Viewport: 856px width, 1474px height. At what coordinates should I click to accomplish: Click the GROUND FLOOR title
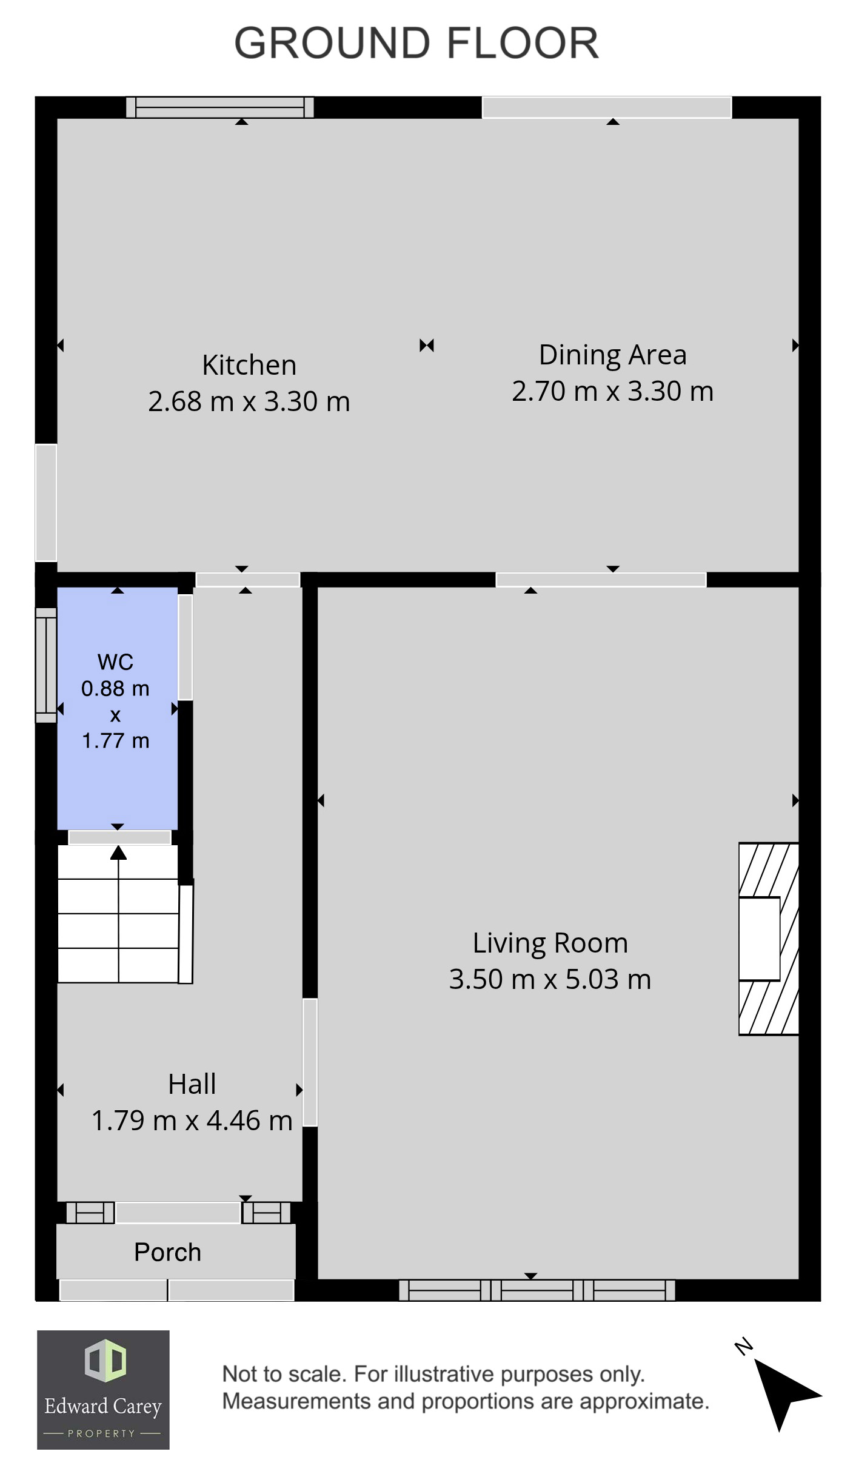coord(416,43)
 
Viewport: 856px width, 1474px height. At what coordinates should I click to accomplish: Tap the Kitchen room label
coord(249,365)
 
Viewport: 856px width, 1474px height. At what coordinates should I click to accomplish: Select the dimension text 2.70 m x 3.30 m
coord(612,391)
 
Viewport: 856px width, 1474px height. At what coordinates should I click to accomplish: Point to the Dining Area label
coord(612,355)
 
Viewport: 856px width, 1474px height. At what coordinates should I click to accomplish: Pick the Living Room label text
coord(550,943)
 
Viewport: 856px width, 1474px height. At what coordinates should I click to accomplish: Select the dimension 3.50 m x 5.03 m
coord(550,979)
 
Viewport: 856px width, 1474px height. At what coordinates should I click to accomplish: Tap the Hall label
coord(192,1084)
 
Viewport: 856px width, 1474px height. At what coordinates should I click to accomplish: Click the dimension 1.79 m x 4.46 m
coord(192,1121)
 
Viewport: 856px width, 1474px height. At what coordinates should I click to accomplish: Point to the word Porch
coord(167,1252)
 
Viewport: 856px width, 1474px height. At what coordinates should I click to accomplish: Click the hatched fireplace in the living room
coord(768,938)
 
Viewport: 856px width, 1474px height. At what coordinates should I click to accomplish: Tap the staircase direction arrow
coord(118,854)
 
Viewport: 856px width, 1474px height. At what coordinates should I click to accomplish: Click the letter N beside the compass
coord(744,1347)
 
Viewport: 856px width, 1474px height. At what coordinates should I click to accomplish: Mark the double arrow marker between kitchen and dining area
coord(427,346)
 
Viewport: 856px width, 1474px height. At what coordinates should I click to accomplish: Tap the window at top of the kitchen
coord(219,107)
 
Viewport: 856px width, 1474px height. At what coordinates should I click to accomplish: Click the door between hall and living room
coord(310,1062)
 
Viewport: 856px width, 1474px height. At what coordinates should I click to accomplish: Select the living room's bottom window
coord(537,1290)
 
